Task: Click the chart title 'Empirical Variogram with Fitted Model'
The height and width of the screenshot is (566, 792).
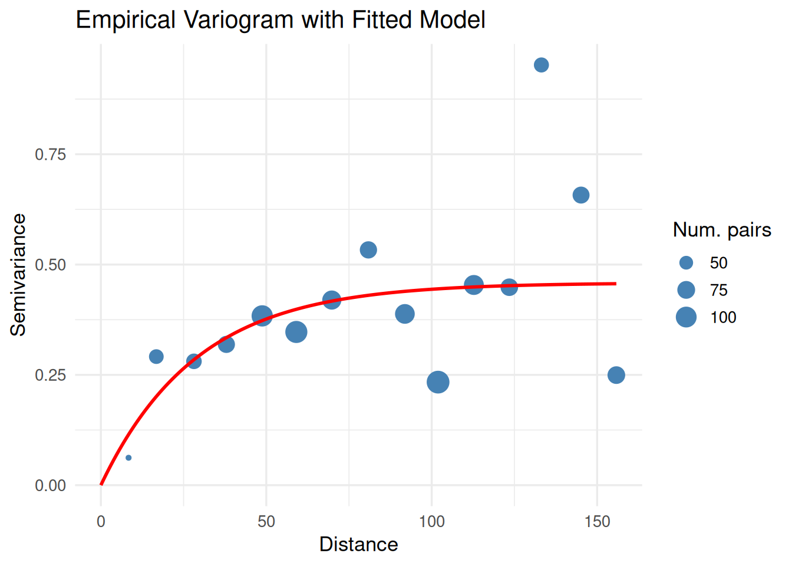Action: pos(280,20)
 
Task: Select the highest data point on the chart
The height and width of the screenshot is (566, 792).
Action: pos(541,65)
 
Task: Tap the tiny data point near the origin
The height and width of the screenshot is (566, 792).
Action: pos(128,458)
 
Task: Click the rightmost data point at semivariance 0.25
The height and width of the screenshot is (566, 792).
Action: pos(616,375)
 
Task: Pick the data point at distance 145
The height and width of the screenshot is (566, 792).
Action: pos(580,195)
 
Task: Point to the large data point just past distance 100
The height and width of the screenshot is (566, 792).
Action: pos(438,382)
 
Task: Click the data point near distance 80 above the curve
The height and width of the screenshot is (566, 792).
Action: pos(368,250)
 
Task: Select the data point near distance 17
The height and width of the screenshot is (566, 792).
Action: pos(156,356)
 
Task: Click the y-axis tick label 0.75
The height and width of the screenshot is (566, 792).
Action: pos(51,154)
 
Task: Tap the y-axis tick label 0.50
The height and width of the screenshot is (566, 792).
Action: pos(51,265)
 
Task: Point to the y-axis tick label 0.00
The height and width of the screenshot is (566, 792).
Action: pos(51,485)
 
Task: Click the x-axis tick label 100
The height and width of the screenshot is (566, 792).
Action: pos(432,521)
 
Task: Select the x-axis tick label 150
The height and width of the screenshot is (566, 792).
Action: pos(598,521)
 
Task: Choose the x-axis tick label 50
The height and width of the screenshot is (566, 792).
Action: pos(266,521)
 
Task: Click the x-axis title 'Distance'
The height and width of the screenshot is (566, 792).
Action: pos(358,544)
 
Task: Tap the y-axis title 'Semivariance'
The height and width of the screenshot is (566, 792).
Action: pos(19,275)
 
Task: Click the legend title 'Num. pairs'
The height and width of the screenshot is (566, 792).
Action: pos(722,229)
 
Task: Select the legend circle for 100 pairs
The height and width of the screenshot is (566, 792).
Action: pos(686,317)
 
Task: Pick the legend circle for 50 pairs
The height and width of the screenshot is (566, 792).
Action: pos(686,263)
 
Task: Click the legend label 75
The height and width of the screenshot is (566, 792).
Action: pos(719,290)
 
